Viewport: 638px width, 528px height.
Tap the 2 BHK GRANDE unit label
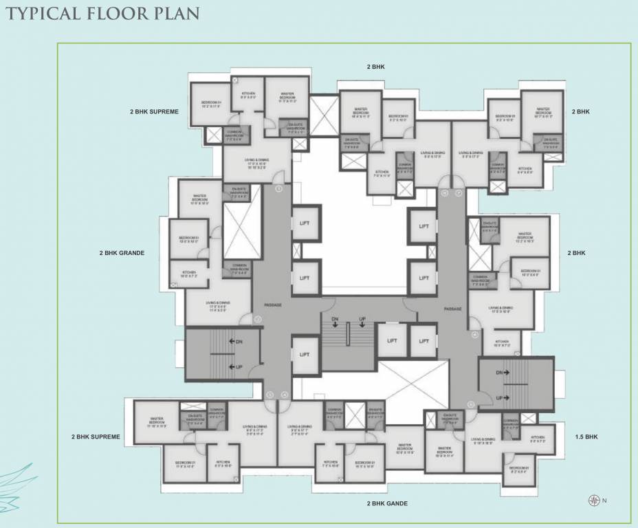pyautogui.click(x=122, y=253)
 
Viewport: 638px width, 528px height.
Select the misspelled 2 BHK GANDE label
pyautogui.click(x=387, y=503)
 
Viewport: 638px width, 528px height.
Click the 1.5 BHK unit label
pyautogui.click(x=586, y=437)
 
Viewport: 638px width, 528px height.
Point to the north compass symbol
pyautogui.click(x=593, y=500)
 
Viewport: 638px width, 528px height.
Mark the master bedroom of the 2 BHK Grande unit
pyautogui.click(x=200, y=199)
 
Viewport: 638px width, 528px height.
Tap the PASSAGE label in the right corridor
pyautogui.click(x=452, y=308)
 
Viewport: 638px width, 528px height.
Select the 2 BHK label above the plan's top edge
pyautogui.click(x=376, y=67)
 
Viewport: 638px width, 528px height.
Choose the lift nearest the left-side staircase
pyautogui.click(x=305, y=354)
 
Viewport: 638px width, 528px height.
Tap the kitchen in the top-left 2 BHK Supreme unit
pyautogui.click(x=248, y=95)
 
